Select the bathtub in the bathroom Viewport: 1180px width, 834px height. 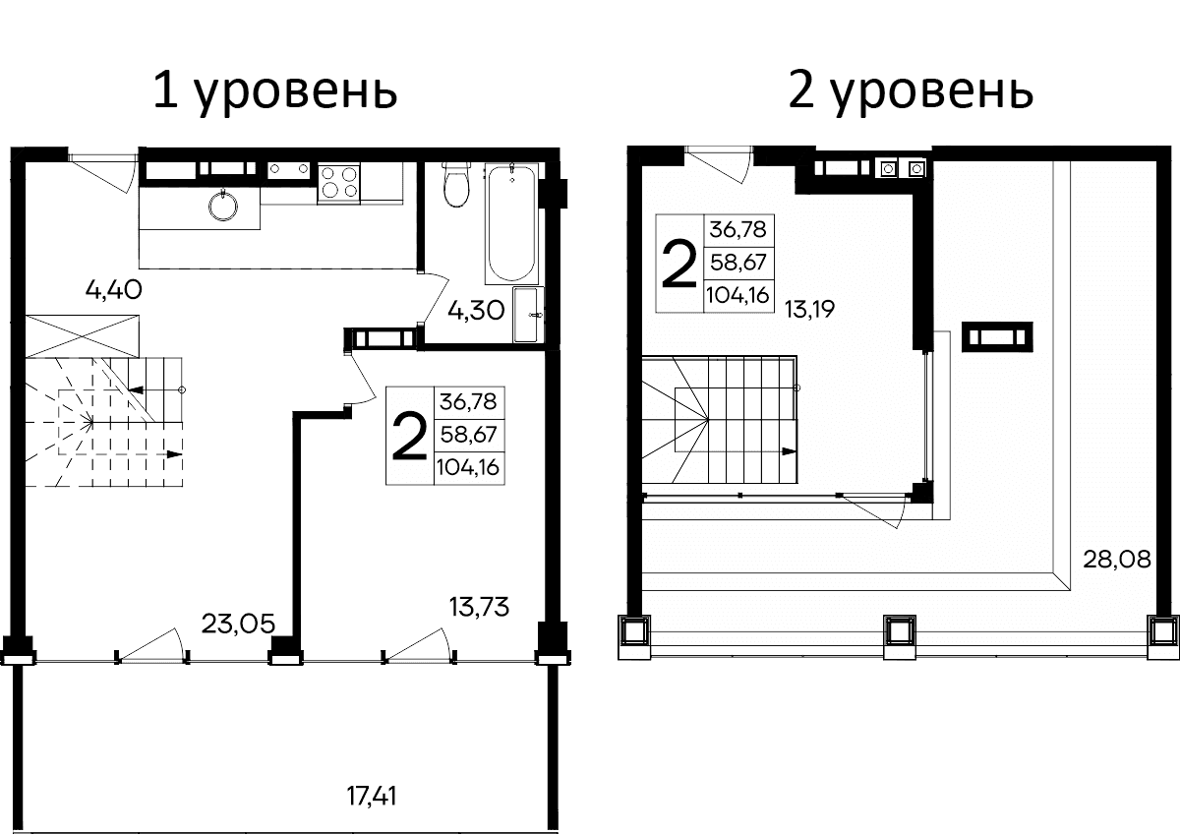tap(512, 223)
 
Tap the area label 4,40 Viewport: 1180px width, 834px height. tap(115, 290)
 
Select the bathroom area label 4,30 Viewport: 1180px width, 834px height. tap(477, 312)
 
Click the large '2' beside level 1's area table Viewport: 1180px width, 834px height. tap(408, 437)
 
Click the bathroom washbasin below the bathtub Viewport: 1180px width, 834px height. tap(528, 315)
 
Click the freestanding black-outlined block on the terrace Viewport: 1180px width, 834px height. tap(998, 337)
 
